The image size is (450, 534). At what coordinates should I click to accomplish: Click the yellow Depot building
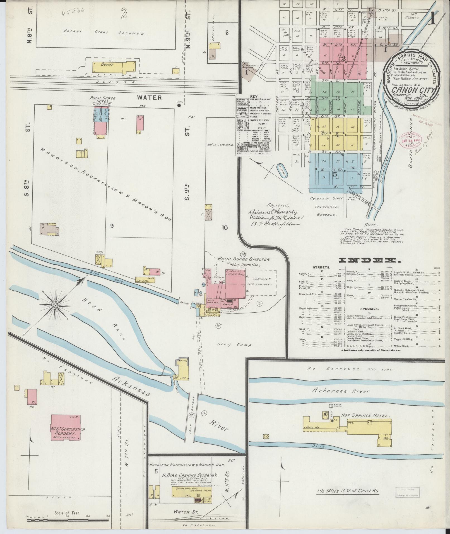point(112,67)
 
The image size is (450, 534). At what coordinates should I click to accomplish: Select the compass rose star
point(56,306)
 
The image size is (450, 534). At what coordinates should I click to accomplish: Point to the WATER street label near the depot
point(149,97)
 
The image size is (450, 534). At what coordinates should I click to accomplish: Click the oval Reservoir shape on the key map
point(283,169)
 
